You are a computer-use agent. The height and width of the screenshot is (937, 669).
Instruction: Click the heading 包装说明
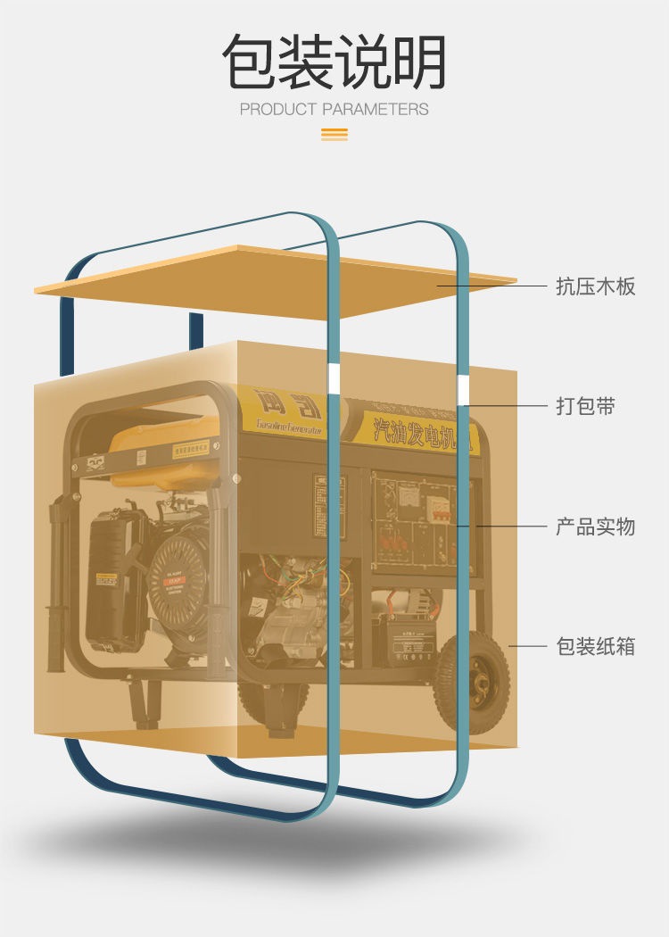(x=334, y=62)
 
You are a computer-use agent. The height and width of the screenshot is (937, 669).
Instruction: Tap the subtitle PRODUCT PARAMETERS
(x=334, y=110)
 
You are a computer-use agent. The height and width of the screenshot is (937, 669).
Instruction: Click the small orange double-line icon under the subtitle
(x=334, y=135)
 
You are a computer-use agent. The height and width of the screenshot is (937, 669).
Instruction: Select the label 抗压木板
(x=595, y=286)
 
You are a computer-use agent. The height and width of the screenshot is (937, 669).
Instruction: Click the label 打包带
(x=585, y=407)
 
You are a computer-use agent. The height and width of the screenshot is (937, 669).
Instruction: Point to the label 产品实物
(x=595, y=527)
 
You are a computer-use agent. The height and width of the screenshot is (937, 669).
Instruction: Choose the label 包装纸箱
(x=595, y=646)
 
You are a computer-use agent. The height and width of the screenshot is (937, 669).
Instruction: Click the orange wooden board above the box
(x=268, y=281)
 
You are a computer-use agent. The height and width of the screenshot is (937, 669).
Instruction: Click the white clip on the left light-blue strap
(x=333, y=378)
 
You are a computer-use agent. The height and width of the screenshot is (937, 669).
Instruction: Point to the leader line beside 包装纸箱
(x=526, y=646)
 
